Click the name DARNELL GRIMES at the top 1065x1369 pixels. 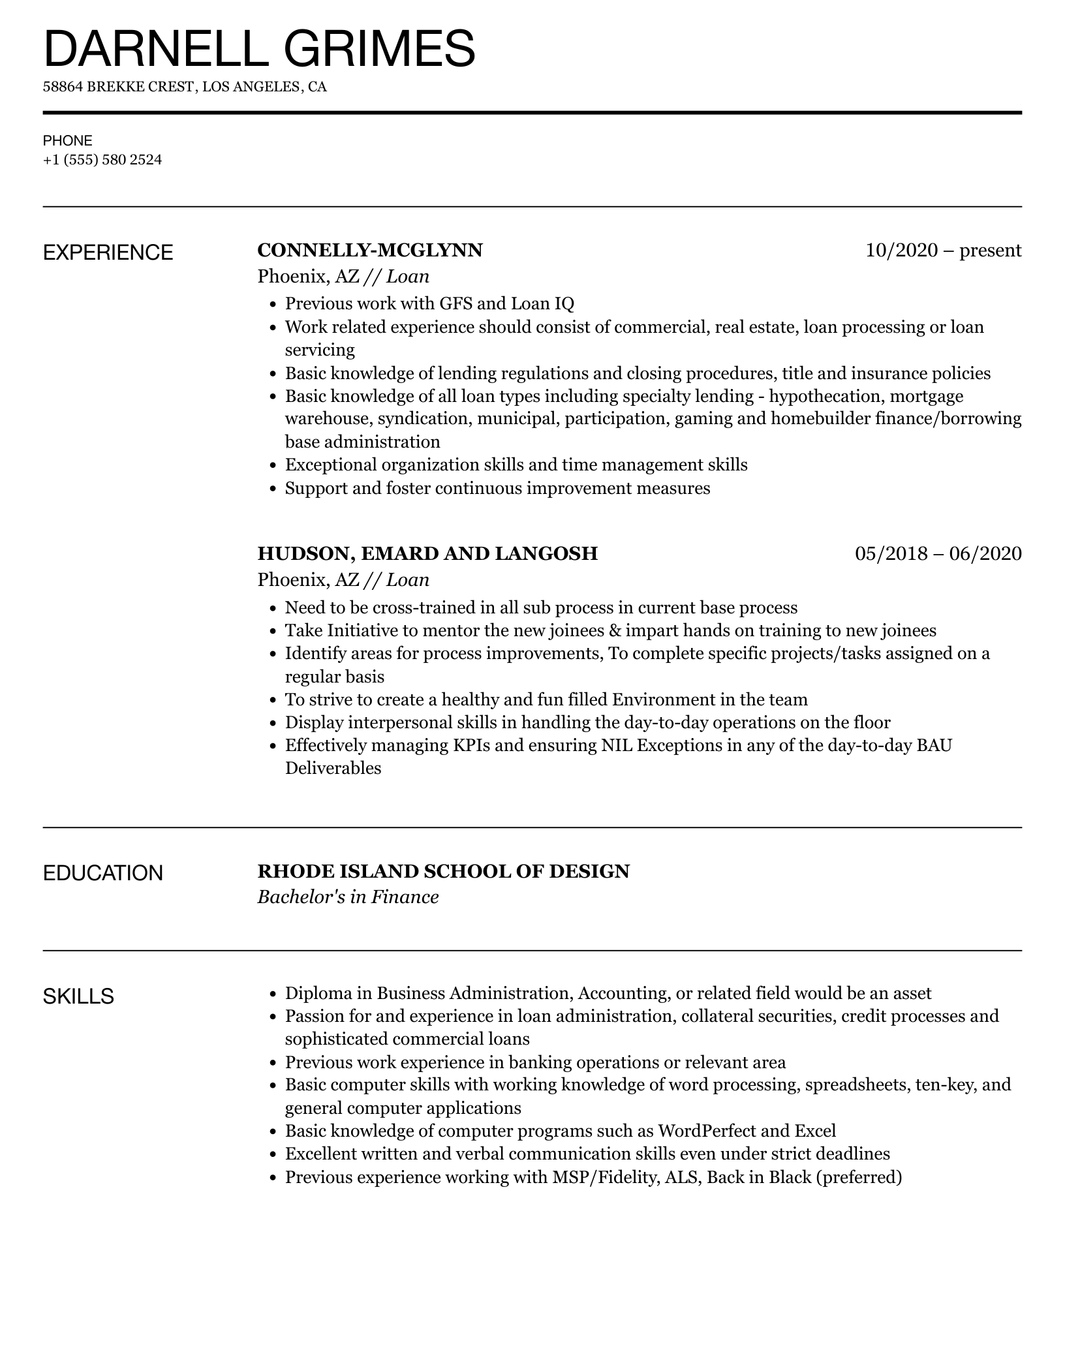click(259, 49)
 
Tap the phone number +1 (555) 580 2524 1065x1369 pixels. click(102, 160)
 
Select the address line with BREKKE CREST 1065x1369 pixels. click(185, 87)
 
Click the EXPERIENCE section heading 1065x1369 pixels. click(108, 253)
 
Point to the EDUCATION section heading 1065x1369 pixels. click(102, 873)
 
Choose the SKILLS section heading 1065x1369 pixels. click(78, 996)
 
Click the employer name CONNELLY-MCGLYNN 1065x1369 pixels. click(370, 251)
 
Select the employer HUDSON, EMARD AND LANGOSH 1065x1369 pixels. click(427, 553)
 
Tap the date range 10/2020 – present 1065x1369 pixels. click(943, 251)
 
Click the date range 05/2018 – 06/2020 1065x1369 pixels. click(938, 553)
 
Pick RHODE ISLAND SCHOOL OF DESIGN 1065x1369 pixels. click(443, 871)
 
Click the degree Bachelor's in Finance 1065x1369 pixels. click(348, 897)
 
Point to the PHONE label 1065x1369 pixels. click(68, 141)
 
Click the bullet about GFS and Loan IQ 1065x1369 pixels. click(429, 303)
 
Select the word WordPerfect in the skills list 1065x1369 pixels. click(706, 1131)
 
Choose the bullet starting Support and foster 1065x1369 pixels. click(497, 488)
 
